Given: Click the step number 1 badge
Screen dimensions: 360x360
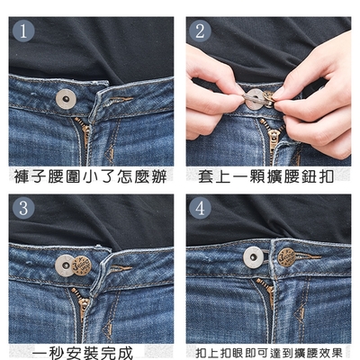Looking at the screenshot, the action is pos(23,31).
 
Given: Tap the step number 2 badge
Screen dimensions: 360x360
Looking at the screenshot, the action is pos(200,31).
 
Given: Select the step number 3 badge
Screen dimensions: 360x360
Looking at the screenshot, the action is pos(23,208).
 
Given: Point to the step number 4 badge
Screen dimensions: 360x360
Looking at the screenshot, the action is pos(200,208).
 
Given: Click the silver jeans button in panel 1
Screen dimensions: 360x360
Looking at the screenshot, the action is pos(66,99).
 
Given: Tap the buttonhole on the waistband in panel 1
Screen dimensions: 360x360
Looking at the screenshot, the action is pos(121,100).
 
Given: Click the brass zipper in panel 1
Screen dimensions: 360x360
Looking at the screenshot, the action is pos(84,132).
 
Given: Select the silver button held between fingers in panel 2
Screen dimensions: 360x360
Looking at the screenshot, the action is pos(255,99).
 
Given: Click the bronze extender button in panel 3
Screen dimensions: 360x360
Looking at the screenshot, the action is pos(82,265).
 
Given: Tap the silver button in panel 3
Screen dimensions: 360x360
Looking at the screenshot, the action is pos(64,265).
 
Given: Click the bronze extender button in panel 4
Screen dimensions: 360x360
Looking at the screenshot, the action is pos(286,257).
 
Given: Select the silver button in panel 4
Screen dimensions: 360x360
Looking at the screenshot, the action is pos(254,257).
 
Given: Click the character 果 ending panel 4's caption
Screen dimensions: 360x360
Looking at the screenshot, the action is pos(337,353).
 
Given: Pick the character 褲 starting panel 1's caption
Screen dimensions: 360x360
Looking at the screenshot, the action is pos(22,176).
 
